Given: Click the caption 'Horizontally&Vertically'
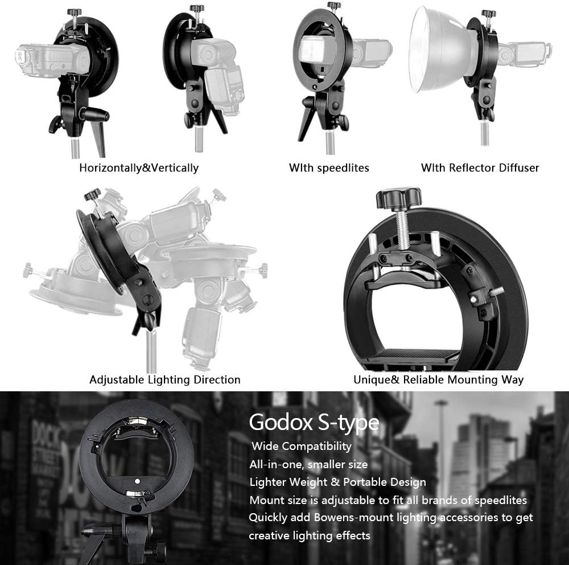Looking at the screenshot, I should pos(139,167).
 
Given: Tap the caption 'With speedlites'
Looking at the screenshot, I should pos(329,167).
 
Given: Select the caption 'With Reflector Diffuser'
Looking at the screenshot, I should pos(480,167).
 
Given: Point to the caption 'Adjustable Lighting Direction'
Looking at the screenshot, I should pos(164,379).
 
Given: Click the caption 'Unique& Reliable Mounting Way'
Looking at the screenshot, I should pos(438,379).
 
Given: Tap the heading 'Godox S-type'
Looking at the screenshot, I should pos(314,423).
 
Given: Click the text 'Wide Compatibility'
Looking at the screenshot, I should pos(302,446).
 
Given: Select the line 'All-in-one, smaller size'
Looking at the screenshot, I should pos(308,464).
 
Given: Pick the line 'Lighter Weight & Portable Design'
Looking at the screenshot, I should pos(337,482).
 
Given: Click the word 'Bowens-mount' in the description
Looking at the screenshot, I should pos(357,517).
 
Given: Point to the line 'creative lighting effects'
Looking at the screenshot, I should pos(310,535).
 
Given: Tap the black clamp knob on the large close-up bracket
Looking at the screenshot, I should pos(398,198).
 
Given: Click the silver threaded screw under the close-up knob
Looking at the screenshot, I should pos(402,228).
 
